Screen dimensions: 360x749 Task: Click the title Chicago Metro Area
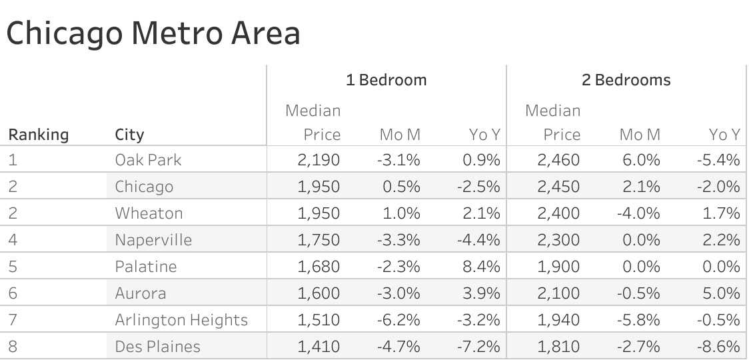tap(153, 33)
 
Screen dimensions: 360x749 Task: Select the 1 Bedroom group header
tap(386, 81)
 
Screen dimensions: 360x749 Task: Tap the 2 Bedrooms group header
tap(626, 81)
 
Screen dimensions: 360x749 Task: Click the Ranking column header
tap(38, 135)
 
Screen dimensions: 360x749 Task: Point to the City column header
tap(129, 135)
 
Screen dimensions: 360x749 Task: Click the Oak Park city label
tap(148, 160)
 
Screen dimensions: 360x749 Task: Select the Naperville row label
tap(153, 240)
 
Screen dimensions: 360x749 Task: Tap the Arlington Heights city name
tap(181, 320)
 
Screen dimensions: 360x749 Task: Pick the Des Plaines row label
tap(157, 347)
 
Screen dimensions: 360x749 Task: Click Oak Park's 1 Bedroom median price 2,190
tap(319, 160)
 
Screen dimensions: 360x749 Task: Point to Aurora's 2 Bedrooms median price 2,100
tap(559, 293)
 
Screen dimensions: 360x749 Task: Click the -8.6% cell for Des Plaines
tap(719, 347)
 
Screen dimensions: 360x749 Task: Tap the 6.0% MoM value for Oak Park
tap(640, 160)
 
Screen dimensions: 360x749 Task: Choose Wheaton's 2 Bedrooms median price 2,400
tap(558, 213)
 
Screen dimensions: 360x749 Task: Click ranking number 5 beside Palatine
tap(13, 267)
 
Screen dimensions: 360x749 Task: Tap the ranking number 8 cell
tap(13, 347)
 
